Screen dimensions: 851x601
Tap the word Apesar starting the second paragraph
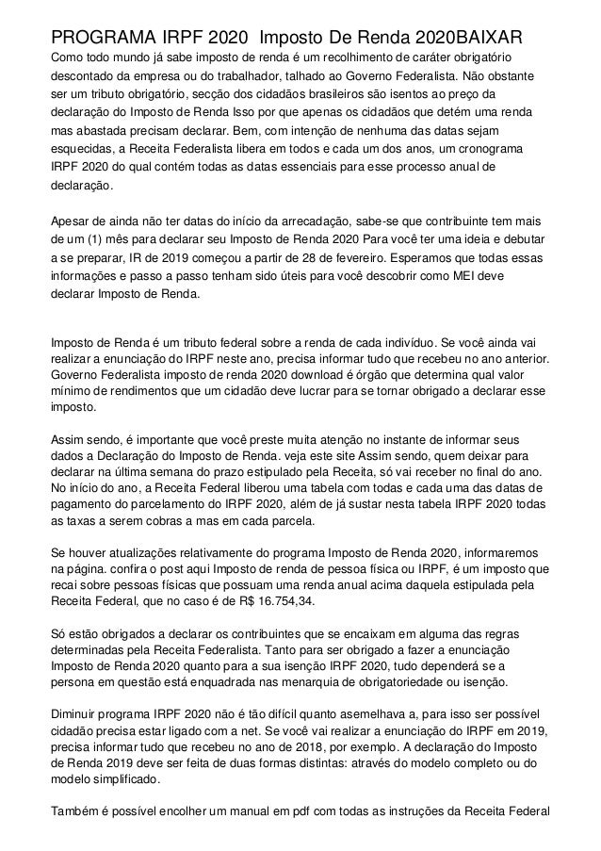click(x=74, y=222)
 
